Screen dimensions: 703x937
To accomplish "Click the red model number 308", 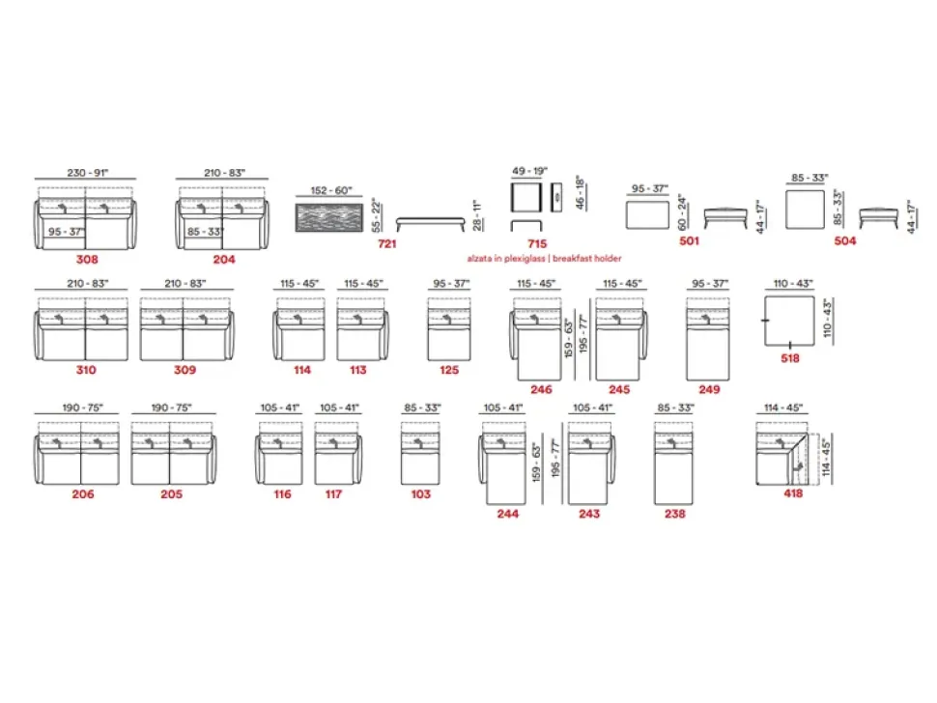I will [x=87, y=259].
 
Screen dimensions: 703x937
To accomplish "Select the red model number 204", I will [x=224, y=259].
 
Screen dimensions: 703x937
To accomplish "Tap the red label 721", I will [x=387, y=244].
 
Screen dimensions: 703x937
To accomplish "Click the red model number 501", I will [x=689, y=241].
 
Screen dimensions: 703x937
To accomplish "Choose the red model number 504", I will [x=845, y=241].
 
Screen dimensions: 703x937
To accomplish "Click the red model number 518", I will [x=790, y=357].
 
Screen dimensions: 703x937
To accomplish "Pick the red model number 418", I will [x=793, y=493].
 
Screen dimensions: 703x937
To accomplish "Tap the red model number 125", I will [x=448, y=370].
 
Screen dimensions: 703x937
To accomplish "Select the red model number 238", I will [x=674, y=514].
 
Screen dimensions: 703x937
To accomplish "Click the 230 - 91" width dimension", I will [x=87, y=173].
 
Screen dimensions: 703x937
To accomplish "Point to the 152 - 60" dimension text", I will [x=331, y=191].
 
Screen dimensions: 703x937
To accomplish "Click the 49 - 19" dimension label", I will [x=528, y=171].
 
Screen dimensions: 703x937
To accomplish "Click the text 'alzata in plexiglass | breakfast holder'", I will [x=545, y=259].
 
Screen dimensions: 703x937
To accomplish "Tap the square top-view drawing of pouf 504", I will [x=809, y=211].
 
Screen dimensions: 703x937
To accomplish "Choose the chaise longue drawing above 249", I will [x=708, y=339].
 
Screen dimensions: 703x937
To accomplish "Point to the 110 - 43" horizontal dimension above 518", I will [x=793, y=284].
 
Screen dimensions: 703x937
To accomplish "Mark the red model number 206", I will [x=82, y=493].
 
